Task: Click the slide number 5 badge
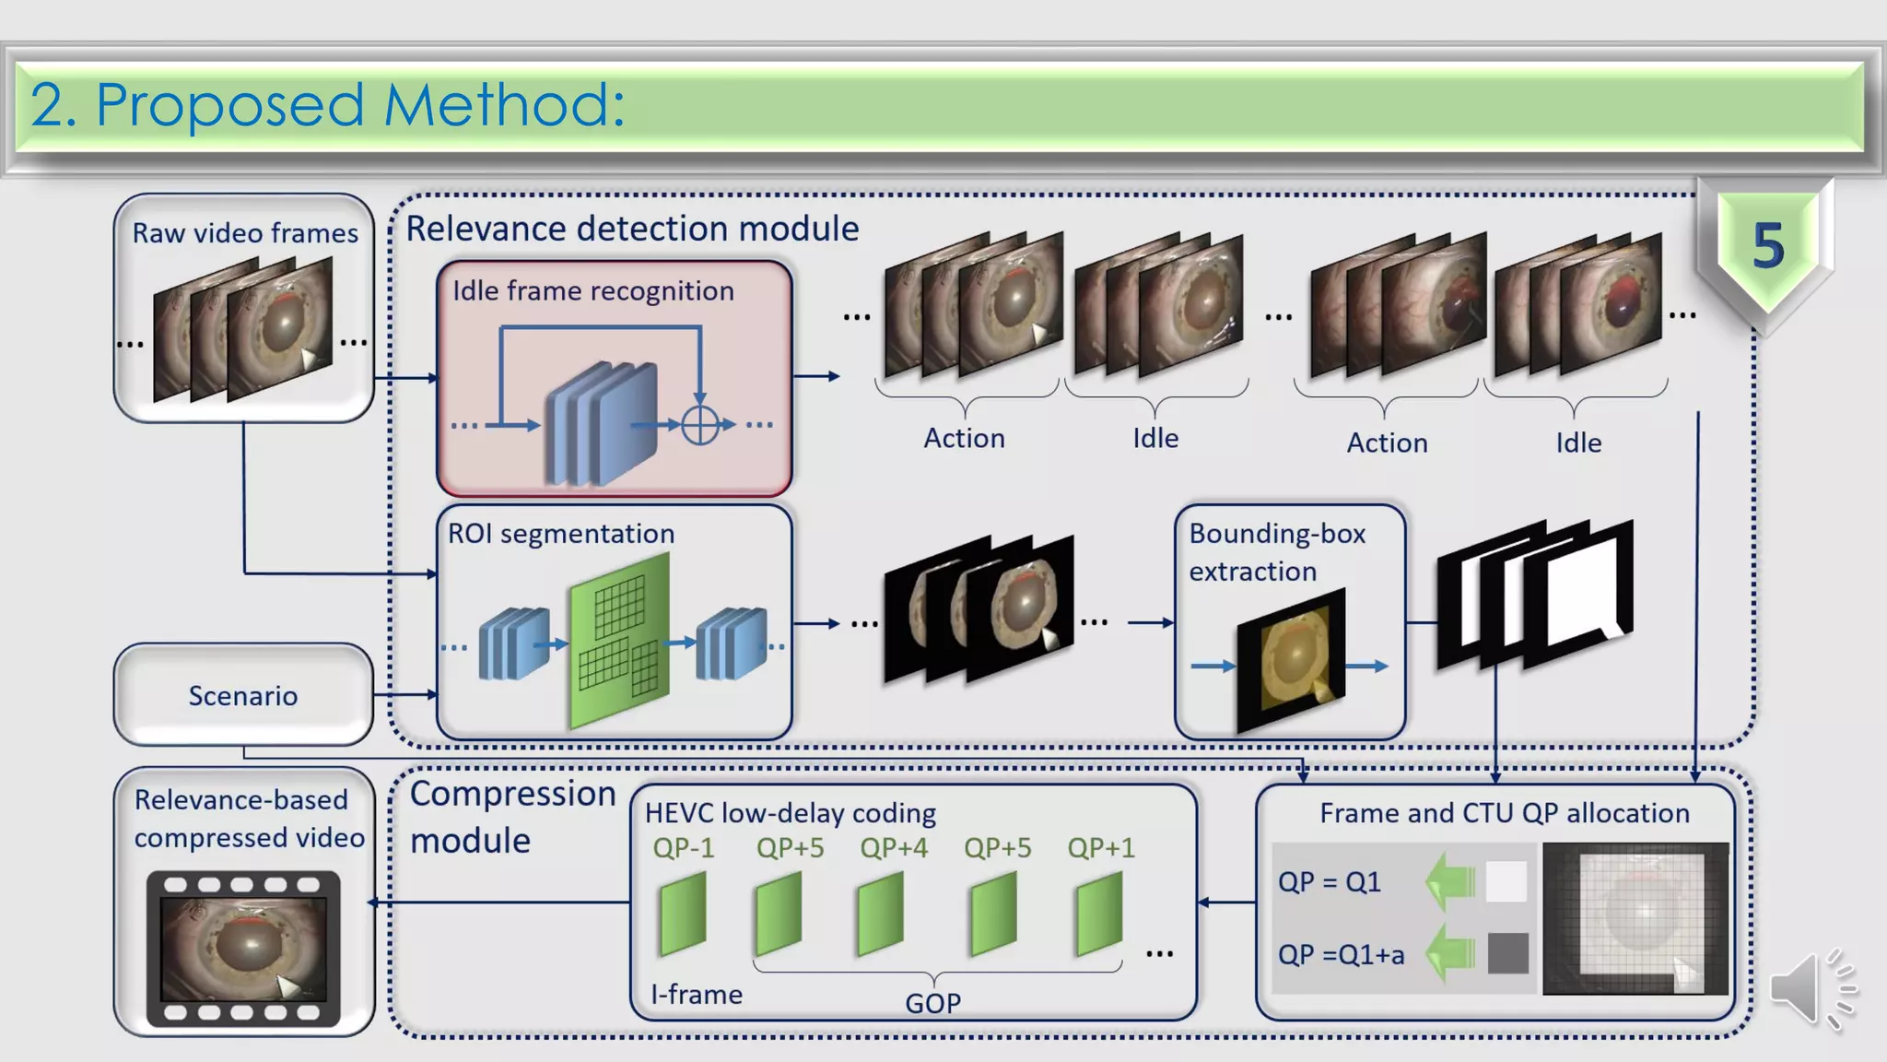[x=1767, y=247]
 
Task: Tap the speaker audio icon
[x=1811, y=989]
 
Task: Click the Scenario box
[x=243, y=695]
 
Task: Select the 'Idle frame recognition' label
[x=592, y=291]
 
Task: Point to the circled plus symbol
[x=700, y=425]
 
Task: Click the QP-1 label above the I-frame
[x=683, y=847]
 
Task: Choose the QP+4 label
[x=893, y=847]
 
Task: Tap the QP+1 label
[x=1100, y=847]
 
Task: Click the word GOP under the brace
[x=932, y=1003]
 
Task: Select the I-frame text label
[x=697, y=995]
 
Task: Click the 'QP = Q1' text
[x=1329, y=882]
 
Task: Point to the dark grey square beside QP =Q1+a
[x=1507, y=953]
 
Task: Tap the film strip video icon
[x=243, y=949]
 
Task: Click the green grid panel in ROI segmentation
[x=619, y=640]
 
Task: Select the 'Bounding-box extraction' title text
[x=1276, y=552]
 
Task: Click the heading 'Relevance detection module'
[x=632, y=229]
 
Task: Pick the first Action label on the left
[x=964, y=438]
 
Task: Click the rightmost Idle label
[x=1578, y=442]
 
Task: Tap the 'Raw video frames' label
[x=245, y=233]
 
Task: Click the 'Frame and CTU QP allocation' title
[x=1504, y=813]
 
